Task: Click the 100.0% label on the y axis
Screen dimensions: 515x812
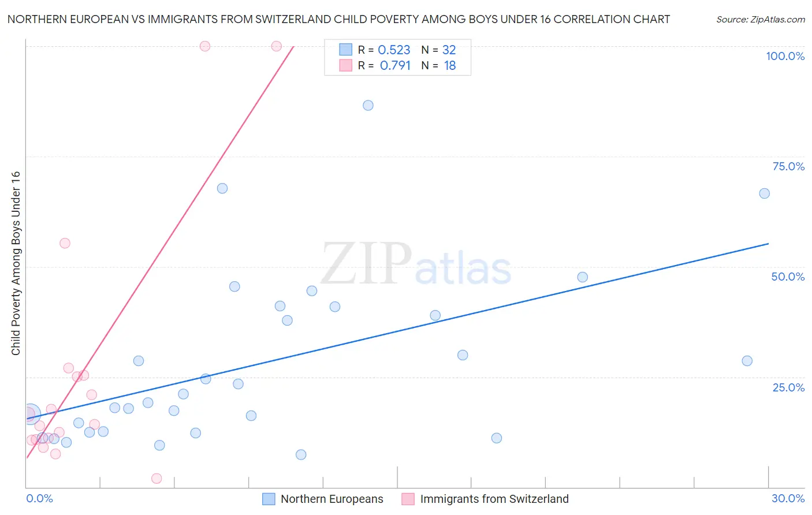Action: [785, 56]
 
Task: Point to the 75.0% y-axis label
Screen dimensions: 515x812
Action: [788, 166]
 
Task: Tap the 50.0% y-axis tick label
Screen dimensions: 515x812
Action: [788, 277]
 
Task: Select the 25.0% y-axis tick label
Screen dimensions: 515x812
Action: [788, 387]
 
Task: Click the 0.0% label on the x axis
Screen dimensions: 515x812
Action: [39, 498]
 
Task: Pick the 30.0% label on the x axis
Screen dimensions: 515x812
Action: [788, 498]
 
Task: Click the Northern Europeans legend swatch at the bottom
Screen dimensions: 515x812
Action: [269, 499]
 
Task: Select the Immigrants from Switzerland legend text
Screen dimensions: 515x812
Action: [494, 499]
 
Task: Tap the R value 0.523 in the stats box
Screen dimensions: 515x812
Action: [394, 50]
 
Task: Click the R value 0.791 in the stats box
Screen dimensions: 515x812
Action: [395, 66]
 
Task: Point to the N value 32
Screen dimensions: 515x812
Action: [449, 50]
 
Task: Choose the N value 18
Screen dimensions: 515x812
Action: [450, 66]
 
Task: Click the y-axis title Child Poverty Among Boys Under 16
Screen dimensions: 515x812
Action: [16, 263]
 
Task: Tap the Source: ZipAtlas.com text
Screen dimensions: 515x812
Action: [760, 20]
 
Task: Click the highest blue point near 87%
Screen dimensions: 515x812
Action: [368, 106]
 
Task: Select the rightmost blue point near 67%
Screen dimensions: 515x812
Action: [764, 193]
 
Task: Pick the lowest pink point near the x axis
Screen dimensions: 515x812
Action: [157, 479]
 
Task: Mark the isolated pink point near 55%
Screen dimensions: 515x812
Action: [65, 243]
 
